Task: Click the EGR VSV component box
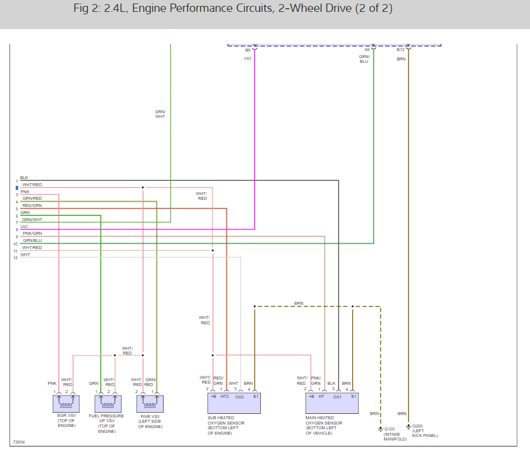(66, 404)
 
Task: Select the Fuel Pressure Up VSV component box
(108, 404)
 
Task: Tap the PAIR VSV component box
(149, 404)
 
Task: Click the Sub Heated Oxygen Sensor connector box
(233, 403)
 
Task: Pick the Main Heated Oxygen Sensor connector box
(332, 403)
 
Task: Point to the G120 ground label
(389, 429)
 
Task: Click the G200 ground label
(418, 426)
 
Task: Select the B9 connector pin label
(248, 50)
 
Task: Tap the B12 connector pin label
(401, 50)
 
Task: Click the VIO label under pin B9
(248, 59)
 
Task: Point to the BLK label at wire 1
(24, 177)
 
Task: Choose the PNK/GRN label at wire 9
(32, 233)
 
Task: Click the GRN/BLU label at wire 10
(32, 240)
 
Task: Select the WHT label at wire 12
(25, 254)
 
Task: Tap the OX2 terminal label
(240, 396)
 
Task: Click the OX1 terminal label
(337, 396)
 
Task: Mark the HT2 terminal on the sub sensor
(224, 396)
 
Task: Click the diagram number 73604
(19, 442)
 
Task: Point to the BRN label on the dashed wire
(299, 303)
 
